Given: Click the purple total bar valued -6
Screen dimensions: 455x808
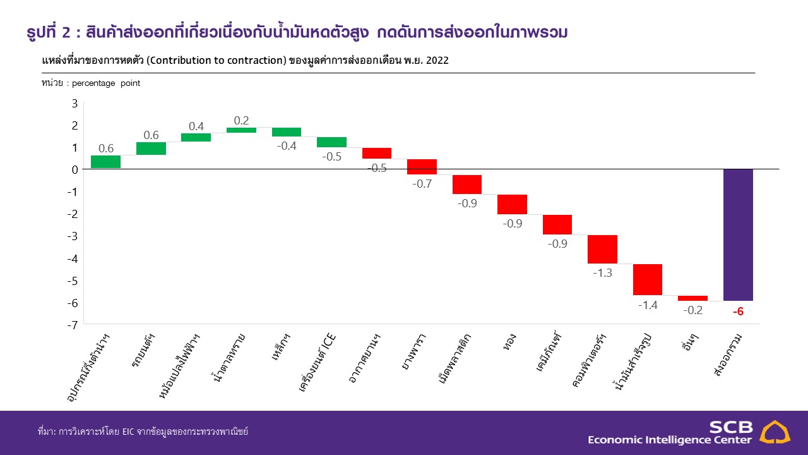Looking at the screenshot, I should point(738,234).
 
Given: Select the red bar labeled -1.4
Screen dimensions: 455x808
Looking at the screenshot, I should point(648,279).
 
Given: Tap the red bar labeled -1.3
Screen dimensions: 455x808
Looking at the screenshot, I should point(602,249).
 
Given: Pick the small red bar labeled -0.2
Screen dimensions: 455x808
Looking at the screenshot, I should point(692,298).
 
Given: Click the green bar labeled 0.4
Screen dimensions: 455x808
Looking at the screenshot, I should point(196,137).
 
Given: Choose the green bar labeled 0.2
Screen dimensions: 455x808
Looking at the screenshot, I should point(241,130).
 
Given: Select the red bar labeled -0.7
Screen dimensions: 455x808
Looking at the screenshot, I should point(422,167).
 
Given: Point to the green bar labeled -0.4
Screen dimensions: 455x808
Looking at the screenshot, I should point(287,132).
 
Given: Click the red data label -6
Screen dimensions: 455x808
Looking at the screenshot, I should point(738,311).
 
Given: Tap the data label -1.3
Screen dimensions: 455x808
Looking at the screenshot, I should point(602,273).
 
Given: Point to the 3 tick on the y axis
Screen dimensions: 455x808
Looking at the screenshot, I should point(74,103).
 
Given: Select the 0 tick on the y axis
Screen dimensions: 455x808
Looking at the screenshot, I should point(74,169).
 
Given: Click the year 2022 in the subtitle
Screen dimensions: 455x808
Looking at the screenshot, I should point(436,60).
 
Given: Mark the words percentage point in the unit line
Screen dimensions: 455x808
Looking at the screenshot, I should point(106,83).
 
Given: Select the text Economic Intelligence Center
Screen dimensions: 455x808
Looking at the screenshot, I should point(670,440).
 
